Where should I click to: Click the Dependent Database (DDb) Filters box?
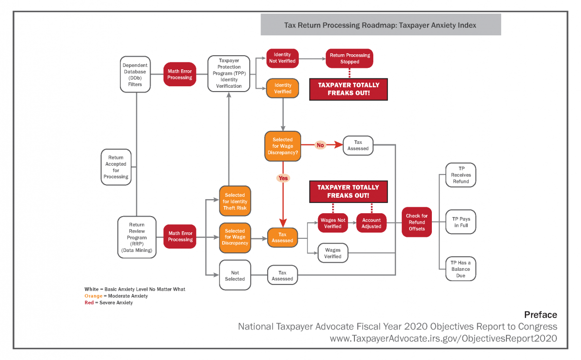pos(135,74)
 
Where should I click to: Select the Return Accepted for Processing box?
pos(116,167)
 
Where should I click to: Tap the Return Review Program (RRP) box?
pos(137,237)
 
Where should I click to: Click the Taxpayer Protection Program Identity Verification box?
pos(229,74)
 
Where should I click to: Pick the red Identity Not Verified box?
pos(282,58)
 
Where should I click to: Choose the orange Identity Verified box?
pos(282,88)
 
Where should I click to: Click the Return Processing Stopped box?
pos(350,58)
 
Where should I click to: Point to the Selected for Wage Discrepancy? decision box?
pos(282,146)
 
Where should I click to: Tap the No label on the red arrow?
pos(320,145)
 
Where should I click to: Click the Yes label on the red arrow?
pos(283,178)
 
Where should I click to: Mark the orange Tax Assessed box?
pos(282,237)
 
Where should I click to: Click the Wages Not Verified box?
pos(333,223)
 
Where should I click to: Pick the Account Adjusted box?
pos(371,223)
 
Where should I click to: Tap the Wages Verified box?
pos(333,253)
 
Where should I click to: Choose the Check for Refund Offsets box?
pos(416,222)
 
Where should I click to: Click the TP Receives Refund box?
pos(461,174)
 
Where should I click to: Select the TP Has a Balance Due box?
pos(461,269)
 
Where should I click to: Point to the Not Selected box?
pos(235,276)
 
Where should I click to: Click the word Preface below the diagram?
pos(540,315)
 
